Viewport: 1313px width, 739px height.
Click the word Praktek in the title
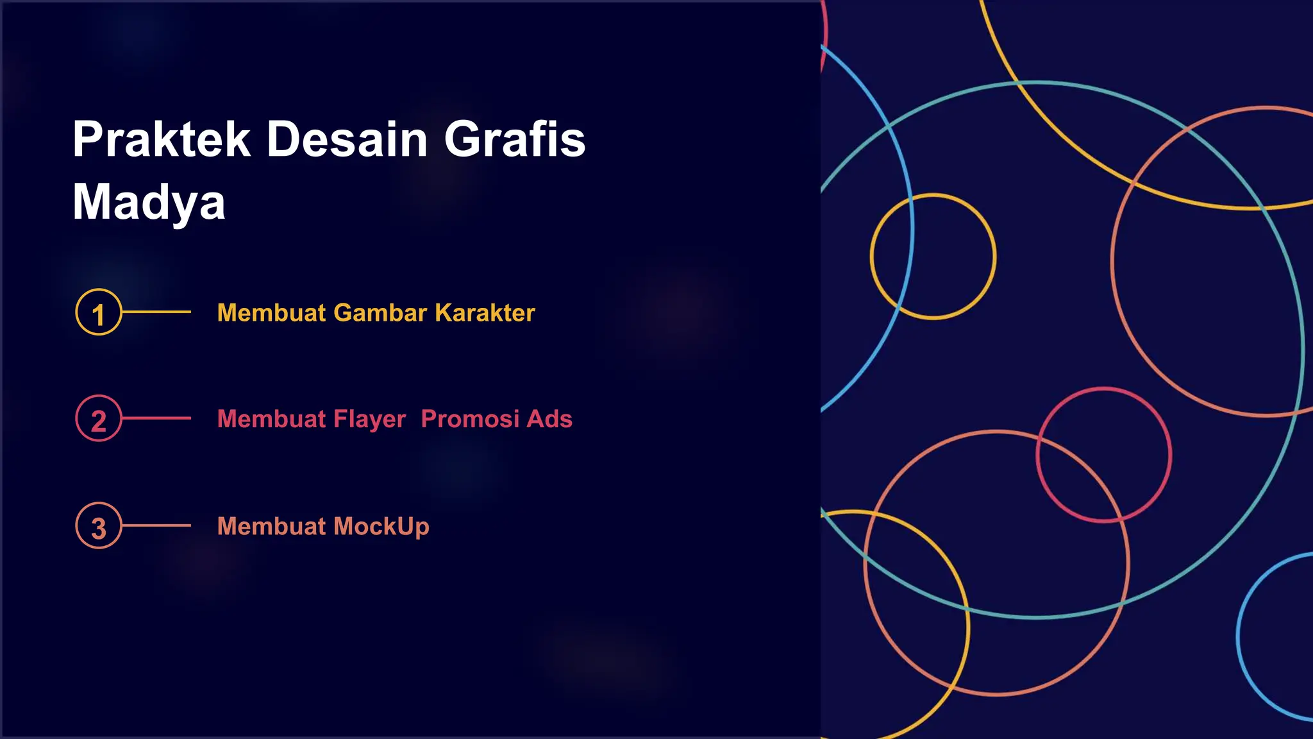161,139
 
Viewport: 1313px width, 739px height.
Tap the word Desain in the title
347,139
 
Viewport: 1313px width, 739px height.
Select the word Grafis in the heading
515,139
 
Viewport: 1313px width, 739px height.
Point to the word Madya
149,202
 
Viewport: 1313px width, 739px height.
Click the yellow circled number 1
98,313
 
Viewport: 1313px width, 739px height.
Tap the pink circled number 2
98,419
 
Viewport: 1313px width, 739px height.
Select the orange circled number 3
98,526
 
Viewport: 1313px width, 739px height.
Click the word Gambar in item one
380,313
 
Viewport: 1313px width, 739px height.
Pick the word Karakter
485,313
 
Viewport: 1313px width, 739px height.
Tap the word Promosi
470,419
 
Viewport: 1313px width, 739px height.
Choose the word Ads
549,419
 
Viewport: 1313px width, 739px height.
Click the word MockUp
381,527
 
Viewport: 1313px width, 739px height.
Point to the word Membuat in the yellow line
272,313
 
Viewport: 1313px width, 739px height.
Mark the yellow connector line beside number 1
156,312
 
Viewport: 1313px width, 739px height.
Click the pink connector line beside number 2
156,418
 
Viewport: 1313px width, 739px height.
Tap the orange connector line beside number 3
156,525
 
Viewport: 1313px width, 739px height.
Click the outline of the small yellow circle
933,195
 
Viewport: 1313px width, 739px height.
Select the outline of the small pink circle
1103,389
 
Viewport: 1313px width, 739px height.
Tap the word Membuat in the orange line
272,527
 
